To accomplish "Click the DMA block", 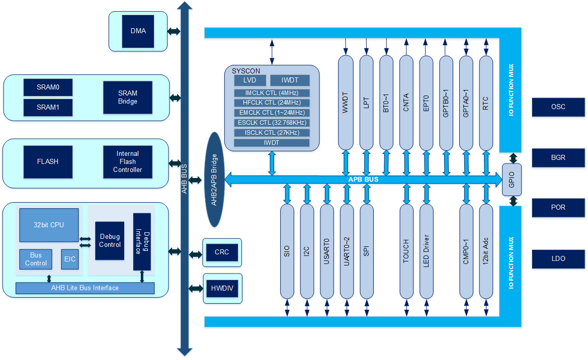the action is pos(138,31).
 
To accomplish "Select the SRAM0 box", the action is pos(48,87).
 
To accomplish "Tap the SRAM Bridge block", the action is pos(127,97).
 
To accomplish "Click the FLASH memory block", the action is pos(48,161).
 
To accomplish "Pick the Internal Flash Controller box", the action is pos(127,161).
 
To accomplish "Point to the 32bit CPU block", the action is pos(49,225).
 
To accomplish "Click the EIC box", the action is pos(70,259).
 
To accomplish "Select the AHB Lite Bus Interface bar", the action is pos(85,288).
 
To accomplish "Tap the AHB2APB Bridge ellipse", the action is pos(214,179).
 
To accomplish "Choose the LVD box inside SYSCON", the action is pos(250,80).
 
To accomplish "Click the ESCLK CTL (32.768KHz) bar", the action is pos(272,123).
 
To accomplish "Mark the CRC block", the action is pos(222,252).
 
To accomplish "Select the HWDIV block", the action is pos(222,289).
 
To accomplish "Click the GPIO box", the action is pos(512,179).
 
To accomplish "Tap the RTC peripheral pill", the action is pos(486,103).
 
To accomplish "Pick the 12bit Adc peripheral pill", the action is pos(486,251).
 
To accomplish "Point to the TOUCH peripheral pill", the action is pos(406,251).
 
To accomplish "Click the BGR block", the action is pos(558,157).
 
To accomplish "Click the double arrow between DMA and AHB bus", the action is pos(174,31).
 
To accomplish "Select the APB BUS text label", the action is pos(363,179).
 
